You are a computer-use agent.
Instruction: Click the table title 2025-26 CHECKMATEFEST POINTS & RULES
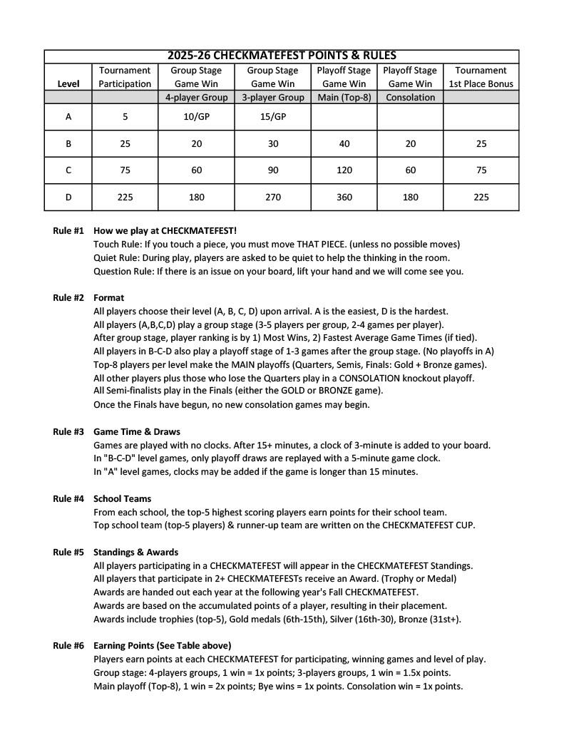pyautogui.click(x=282, y=56)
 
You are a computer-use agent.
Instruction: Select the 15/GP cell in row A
pyautogui.click(x=272, y=117)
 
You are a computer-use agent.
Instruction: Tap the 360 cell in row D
pyautogui.click(x=344, y=197)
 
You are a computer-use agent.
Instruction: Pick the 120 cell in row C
pyautogui.click(x=344, y=170)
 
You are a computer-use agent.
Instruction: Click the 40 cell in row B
pyautogui.click(x=344, y=144)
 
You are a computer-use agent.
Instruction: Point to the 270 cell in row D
pyautogui.click(x=272, y=197)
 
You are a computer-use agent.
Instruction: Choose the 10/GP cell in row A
pyautogui.click(x=196, y=117)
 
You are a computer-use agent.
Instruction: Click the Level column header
pyautogui.click(x=68, y=83)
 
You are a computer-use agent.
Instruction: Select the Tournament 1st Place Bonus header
pyautogui.click(x=481, y=77)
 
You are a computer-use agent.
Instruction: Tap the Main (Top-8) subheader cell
pyautogui.click(x=344, y=98)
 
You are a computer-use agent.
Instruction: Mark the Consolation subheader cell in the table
pyautogui.click(x=410, y=98)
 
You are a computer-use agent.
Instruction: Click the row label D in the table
pyautogui.click(x=68, y=197)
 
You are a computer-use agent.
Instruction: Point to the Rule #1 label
pyautogui.click(x=68, y=231)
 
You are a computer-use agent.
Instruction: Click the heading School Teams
pyautogui.click(x=122, y=499)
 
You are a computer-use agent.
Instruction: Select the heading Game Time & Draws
pyautogui.click(x=137, y=432)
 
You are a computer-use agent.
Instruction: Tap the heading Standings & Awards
pyautogui.click(x=135, y=552)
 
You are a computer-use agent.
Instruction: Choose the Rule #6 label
pyautogui.click(x=68, y=646)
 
